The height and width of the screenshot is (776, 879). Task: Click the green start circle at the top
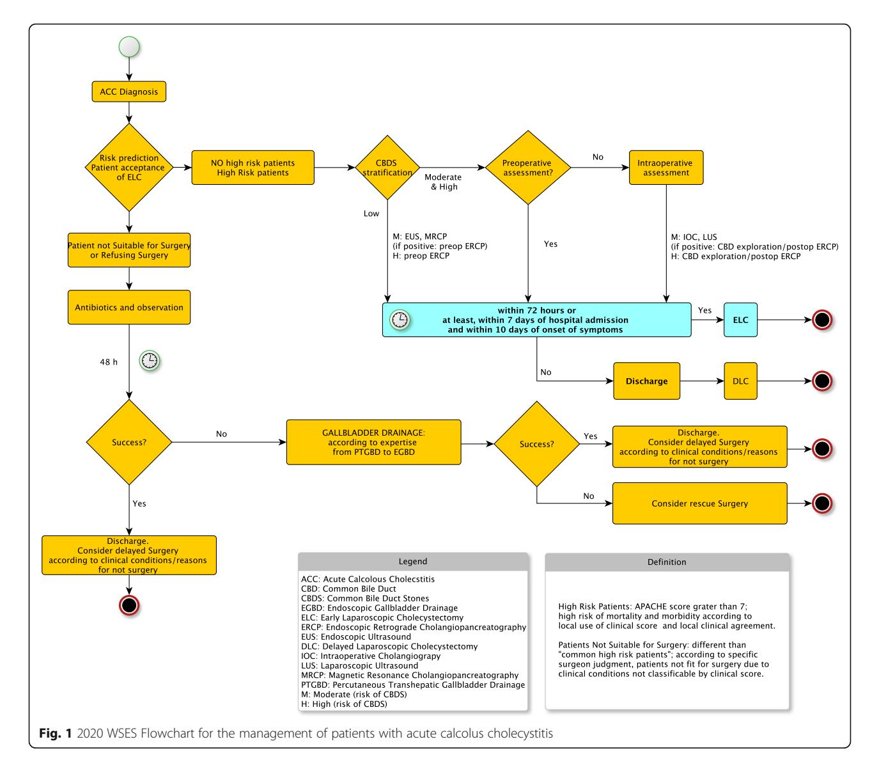[x=129, y=47]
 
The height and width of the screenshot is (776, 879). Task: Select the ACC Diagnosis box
[x=129, y=91]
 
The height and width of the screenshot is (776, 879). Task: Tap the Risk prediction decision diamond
[x=129, y=167]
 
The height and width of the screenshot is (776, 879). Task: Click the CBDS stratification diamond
[x=387, y=168]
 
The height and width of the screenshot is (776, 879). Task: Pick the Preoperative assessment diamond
[x=527, y=168]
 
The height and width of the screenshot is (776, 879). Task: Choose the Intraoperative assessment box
[x=666, y=168]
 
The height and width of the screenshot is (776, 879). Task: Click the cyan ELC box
[x=740, y=320]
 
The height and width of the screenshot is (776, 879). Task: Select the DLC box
[x=740, y=381]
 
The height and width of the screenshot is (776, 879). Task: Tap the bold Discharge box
[x=646, y=381]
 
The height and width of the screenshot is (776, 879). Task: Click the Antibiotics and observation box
[x=129, y=307]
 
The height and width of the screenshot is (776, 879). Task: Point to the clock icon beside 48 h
[x=150, y=361]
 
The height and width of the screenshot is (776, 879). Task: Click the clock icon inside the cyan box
[x=400, y=320]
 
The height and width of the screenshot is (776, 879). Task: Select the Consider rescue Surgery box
[x=699, y=503]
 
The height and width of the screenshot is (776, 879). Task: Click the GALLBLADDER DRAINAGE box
[x=373, y=442]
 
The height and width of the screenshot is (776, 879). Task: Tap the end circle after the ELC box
[x=821, y=320]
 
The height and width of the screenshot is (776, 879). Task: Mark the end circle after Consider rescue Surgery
[x=821, y=503]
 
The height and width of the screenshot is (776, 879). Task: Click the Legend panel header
[x=412, y=562]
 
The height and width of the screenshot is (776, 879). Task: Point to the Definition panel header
[x=667, y=562]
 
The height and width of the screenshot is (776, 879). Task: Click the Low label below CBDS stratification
[x=371, y=213]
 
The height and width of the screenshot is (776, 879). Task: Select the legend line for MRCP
[x=410, y=675]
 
